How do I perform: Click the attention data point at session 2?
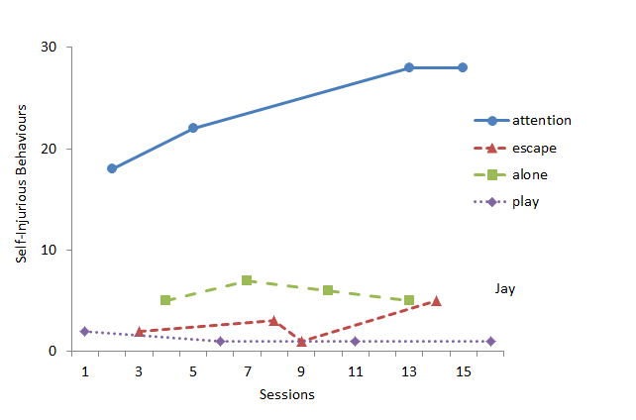coord(112,168)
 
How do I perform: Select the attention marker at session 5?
coord(193,128)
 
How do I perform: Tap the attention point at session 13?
coord(409,67)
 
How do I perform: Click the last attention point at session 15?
coord(463,67)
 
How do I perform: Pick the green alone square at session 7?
coord(247,280)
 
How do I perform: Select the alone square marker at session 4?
coord(165,300)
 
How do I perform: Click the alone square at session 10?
coord(328,290)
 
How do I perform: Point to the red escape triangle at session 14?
coord(436,300)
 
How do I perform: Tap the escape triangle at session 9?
coord(301,341)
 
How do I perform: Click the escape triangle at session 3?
coord(139,331)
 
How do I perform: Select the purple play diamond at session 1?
coord(85,331)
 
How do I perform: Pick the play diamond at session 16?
coord(490,341)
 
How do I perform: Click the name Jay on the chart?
coord(505,288)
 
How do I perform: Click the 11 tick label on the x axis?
coord(355,370)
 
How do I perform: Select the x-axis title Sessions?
coord(287,394)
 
